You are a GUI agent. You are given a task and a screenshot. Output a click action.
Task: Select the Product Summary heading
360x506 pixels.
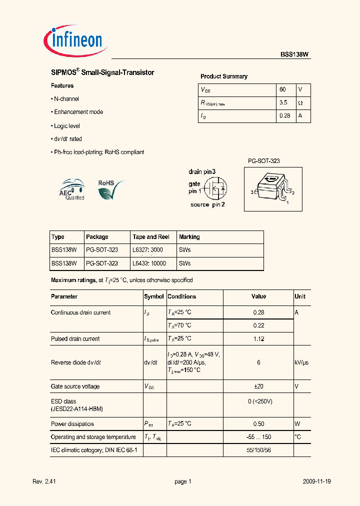click(x=223, y=76)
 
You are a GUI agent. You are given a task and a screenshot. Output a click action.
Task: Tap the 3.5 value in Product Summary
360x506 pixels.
click(x=283, y=102)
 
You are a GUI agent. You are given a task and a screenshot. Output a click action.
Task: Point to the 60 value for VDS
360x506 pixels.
click(x=282, y=89)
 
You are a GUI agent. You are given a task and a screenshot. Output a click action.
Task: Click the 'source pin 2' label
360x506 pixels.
click(x=207, y=205)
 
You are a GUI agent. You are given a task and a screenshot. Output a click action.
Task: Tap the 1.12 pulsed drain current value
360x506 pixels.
click(x=258, y=338)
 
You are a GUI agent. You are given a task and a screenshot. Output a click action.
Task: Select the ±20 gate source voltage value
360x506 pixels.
click(x=258, y=386)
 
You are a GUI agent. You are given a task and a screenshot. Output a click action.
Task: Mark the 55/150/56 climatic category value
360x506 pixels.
click(x=258, y=450)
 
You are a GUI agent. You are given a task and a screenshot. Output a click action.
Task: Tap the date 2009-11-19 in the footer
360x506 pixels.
click(x=317, y=481)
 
